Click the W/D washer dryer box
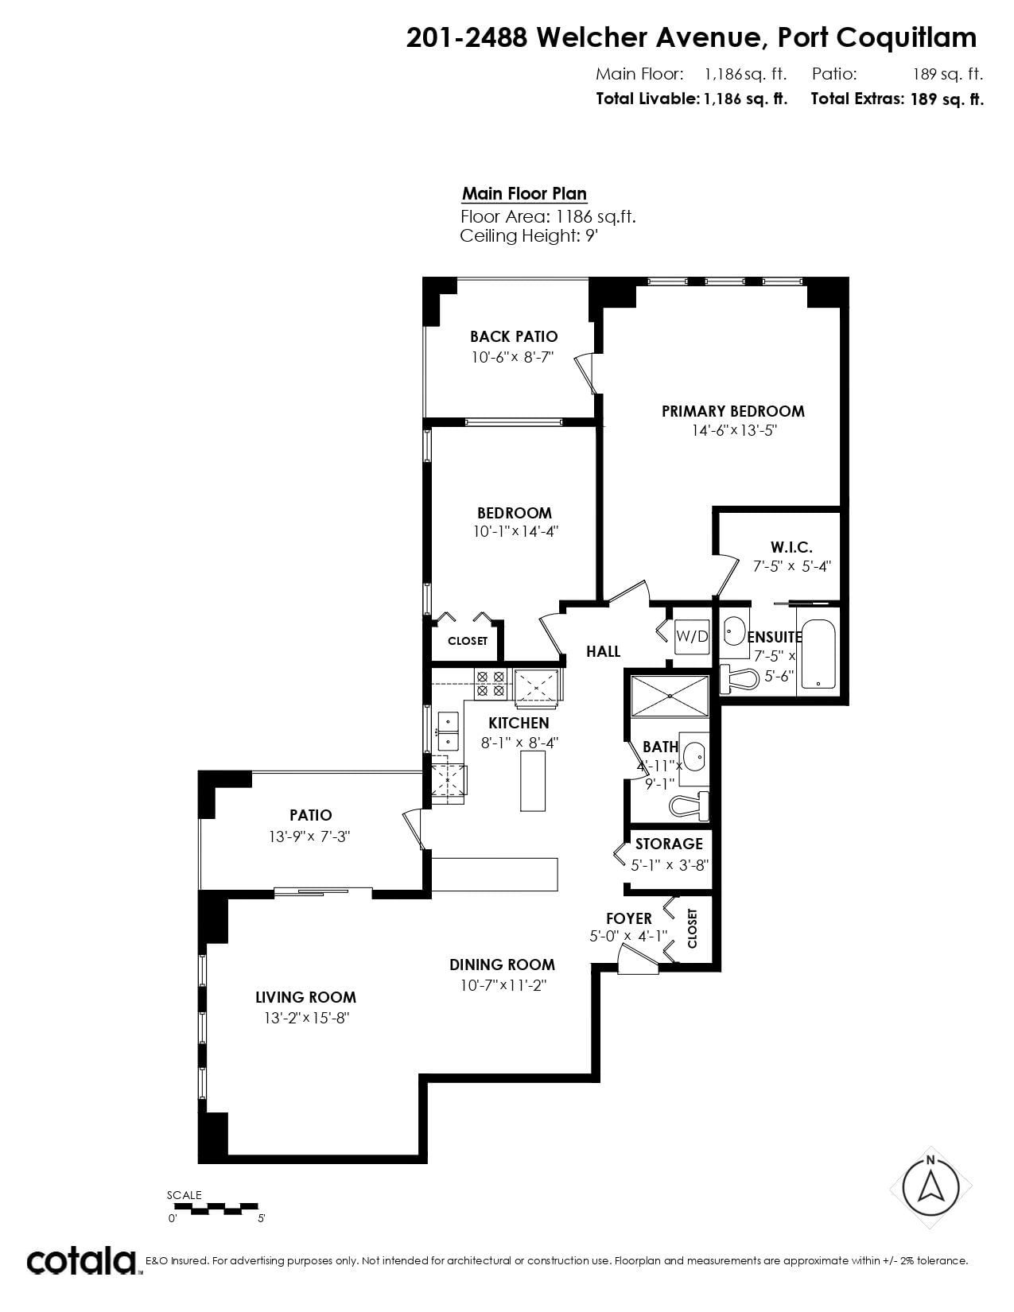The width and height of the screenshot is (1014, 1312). coord(691,636)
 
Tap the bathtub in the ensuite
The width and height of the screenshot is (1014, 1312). coord(818,654)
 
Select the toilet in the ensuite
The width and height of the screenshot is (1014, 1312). coord(740,678)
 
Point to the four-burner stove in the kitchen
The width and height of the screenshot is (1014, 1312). coord(491,684)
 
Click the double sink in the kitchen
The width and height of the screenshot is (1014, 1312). coord(448,732)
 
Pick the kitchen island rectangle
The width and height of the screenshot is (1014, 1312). coord(533,782)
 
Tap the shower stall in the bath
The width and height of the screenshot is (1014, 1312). coord(669,696)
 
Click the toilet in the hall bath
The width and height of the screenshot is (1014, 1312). coord(689,805)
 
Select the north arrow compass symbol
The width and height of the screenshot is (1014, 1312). coord(930,1188)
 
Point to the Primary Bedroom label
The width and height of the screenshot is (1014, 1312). coord(733,411)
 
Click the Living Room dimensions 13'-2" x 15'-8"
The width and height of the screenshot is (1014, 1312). coord(307,1018)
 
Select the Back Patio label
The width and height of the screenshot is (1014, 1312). coord(514,336)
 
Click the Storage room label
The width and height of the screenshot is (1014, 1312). coord(669,844)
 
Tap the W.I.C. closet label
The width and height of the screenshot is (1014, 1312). coord(791,548)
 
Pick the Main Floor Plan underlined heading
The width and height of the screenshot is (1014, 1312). coord(524,194)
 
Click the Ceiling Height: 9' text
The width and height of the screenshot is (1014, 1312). coord(529,235)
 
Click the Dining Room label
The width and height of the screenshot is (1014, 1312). coord(502,965)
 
